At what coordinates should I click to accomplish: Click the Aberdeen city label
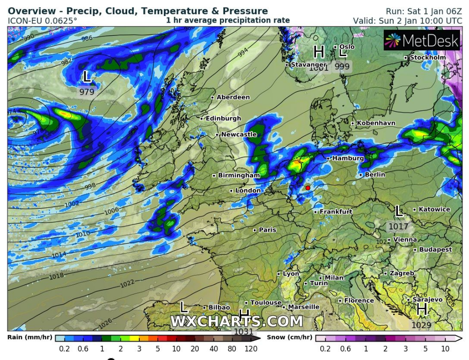[233, 97]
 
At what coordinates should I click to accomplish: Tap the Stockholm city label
[427, 57]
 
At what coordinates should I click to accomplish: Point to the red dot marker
[308, 188]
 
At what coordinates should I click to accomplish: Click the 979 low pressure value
[87, 92]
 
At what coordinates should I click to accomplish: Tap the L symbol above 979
[87, 76]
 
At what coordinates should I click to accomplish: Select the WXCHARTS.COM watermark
[236, 321]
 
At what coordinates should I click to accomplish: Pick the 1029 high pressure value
[422, 325]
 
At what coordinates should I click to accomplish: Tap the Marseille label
[303, 307]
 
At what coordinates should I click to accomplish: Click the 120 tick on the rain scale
[251, 349]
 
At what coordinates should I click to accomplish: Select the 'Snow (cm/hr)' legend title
[289, 337]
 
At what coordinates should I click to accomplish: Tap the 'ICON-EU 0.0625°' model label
[42, 21]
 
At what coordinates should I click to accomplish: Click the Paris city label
[267, 230]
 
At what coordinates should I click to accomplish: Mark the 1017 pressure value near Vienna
[398, 226]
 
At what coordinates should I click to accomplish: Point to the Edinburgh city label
[223, 118]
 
